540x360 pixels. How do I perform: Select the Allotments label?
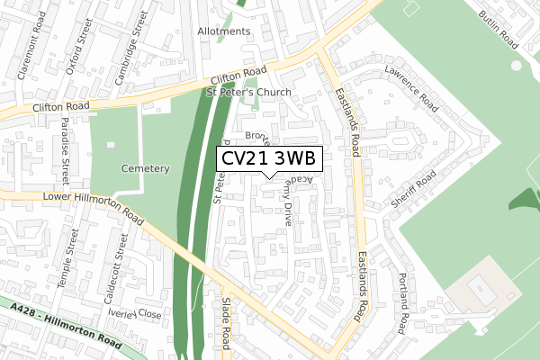click(x=224, y=31)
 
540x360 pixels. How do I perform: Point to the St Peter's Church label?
click(x=249, y=93)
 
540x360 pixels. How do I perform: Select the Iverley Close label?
click(x=135, y=314)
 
